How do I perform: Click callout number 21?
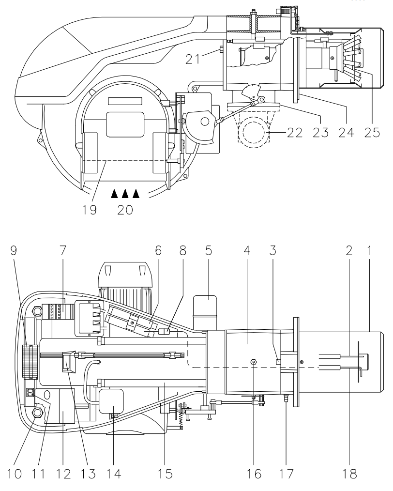coord(193,59)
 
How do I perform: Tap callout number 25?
coord(372,133)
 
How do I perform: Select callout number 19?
coord(90,210)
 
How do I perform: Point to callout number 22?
coord(295,133)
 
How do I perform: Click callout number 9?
coord(14,250)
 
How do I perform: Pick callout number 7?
coord(63,250)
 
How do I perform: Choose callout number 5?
coord(209,250)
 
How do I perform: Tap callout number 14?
coord(113,474)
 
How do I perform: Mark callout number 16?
coord(254,474)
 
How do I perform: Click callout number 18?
coord(349,474)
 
